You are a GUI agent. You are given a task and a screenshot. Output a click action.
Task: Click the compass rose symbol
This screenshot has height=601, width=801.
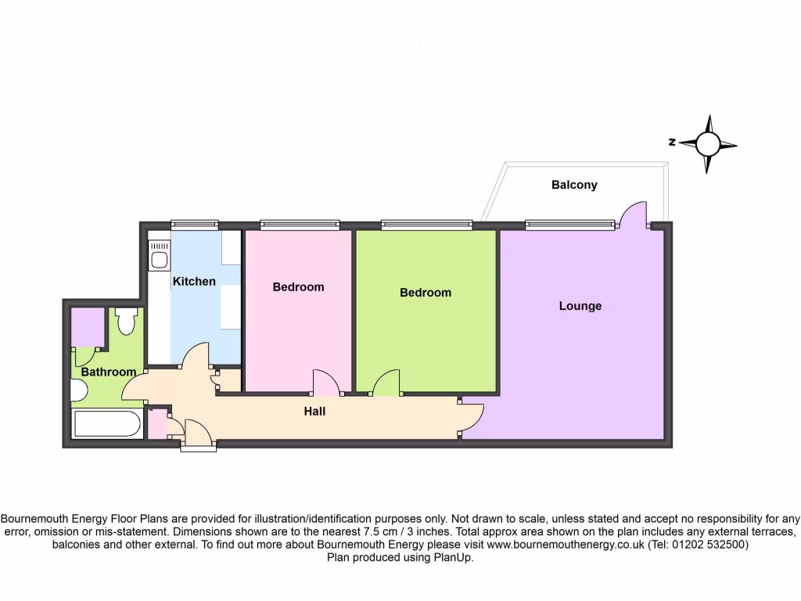tap(708, 144)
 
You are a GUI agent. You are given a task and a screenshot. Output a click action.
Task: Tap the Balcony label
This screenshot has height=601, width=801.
tap(574, 185)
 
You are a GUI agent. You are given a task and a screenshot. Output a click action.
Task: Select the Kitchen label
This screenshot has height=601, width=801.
tap(194, 281)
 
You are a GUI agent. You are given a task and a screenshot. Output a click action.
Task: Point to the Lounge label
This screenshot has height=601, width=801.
tap(580, 306)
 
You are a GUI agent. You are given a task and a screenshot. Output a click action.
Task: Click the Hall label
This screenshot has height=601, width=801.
tap(314, 411)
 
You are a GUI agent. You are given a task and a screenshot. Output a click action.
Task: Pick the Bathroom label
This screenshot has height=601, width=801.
tap(109, 372)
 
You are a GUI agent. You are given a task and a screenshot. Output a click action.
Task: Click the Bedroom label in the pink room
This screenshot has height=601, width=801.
tap(298, 287)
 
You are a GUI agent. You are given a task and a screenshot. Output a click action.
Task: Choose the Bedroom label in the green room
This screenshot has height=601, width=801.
tap(426, 293)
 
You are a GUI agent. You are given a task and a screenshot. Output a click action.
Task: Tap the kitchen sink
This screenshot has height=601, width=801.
tap(160, 258)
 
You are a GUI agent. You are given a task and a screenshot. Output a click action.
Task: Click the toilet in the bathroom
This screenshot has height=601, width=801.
tap(126, 320)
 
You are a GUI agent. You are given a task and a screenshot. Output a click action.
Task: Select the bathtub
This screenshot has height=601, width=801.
tap(107, 426)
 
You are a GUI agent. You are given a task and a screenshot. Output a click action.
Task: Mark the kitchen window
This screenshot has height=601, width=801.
tap(194, 225)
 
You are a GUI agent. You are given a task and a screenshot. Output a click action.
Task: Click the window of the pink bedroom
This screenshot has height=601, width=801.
tap(300, 225)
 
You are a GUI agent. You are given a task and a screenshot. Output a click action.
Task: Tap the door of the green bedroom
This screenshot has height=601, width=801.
tap(386, 383)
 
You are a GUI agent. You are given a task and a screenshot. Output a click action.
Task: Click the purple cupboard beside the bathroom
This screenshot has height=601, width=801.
tap(88, 327)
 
